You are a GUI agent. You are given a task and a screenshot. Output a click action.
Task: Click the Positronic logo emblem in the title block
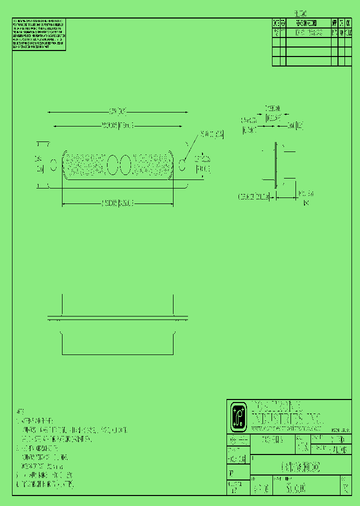pos(238,417)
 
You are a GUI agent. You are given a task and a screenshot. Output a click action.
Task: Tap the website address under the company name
pos(285,429)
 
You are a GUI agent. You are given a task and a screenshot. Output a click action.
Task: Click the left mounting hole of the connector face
pos(54,165)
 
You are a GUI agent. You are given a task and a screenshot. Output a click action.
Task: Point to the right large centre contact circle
pos(125,165)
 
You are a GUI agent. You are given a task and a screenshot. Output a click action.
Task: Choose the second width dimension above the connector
pos(117,125)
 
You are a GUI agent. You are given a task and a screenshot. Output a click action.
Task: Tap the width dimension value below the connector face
pos(117,202)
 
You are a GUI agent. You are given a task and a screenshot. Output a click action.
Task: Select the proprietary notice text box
pos(39,34)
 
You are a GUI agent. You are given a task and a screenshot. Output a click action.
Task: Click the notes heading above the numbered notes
pos(20,411)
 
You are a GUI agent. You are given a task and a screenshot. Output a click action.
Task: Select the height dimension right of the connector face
pos(202,164)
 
